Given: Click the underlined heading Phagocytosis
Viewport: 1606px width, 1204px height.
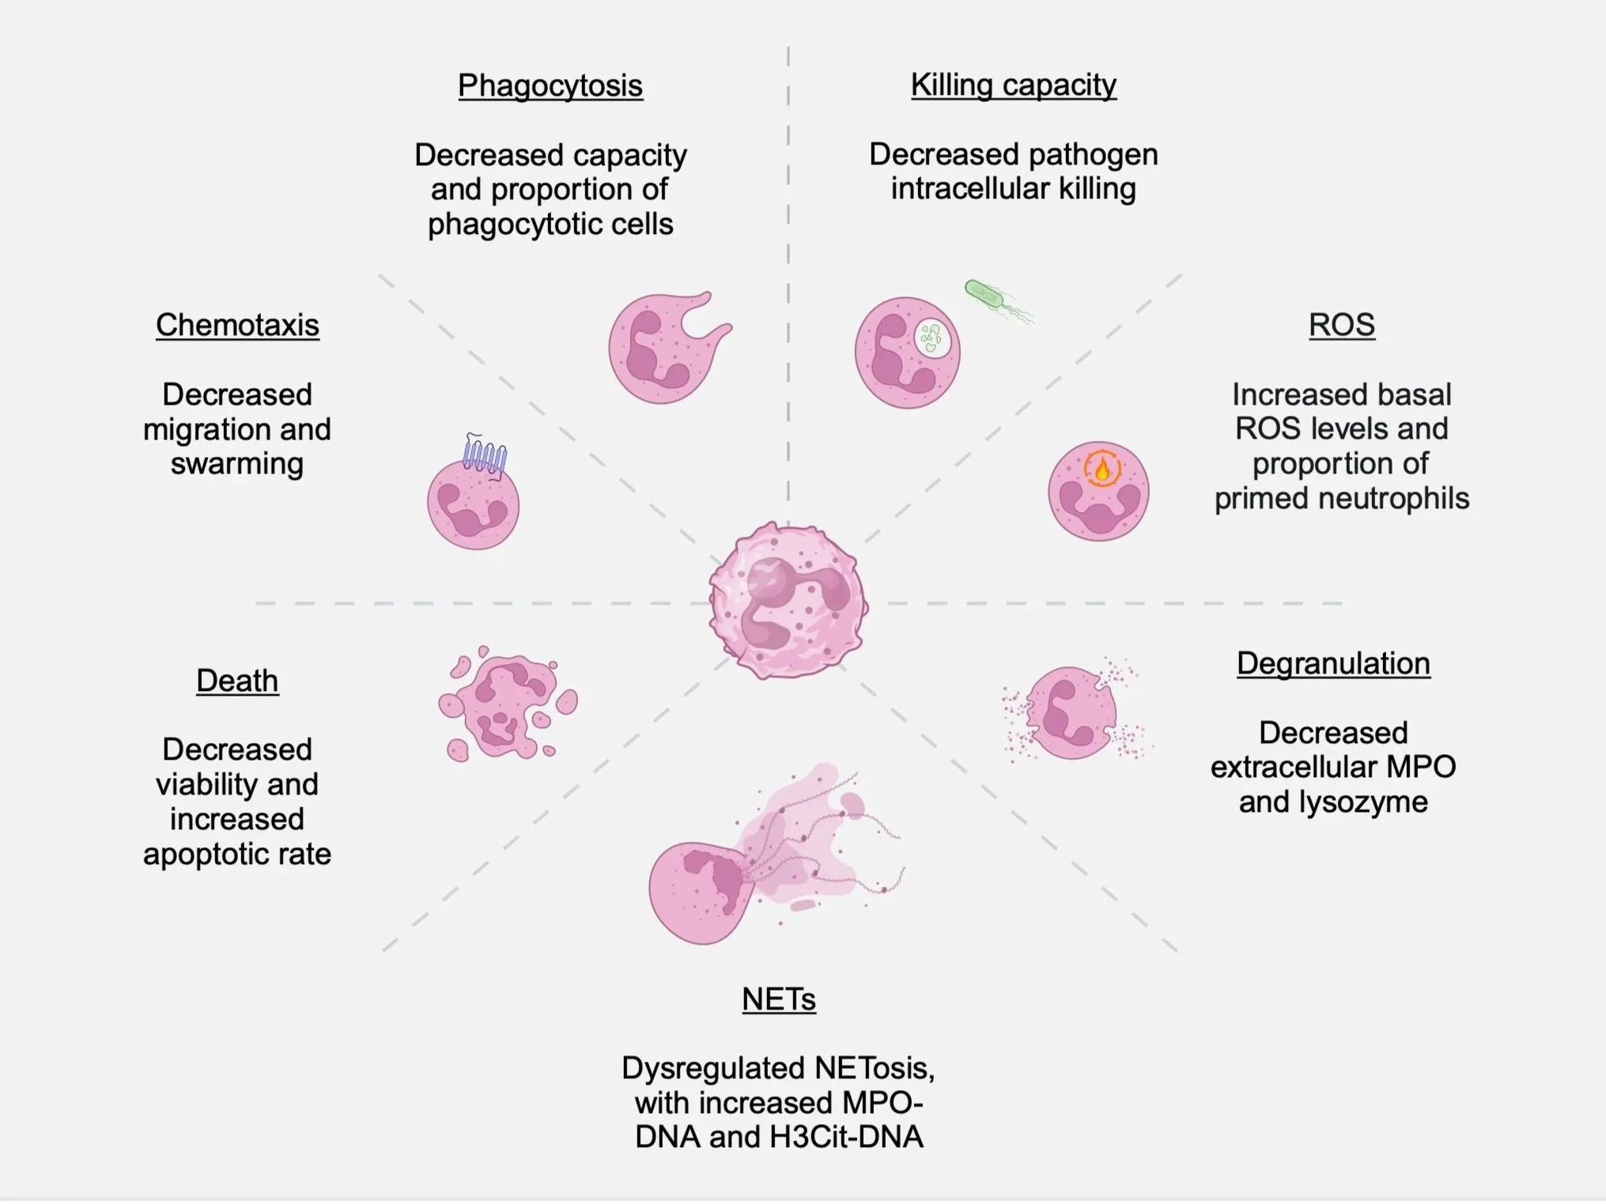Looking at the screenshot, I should click(550, 86).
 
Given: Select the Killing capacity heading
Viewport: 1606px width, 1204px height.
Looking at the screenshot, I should click(1013, 85).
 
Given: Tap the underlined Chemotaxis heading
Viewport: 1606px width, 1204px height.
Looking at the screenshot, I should click(237, 326).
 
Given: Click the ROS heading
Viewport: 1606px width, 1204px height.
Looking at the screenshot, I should click(1341, 326).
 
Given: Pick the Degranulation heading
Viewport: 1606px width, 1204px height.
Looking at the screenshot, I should click(1333, 664).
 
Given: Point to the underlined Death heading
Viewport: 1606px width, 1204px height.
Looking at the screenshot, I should click(237, 681).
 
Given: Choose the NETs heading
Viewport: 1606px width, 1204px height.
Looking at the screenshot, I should click(779, 1000).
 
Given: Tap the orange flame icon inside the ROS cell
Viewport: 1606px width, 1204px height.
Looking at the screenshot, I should click(1102, 470).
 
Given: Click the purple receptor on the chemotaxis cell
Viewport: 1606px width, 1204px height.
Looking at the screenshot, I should click(484, 455).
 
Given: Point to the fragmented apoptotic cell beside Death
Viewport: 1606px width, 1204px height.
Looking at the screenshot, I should click(506, 704).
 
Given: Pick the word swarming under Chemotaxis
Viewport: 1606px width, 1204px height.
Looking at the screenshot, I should click(237, 464).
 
